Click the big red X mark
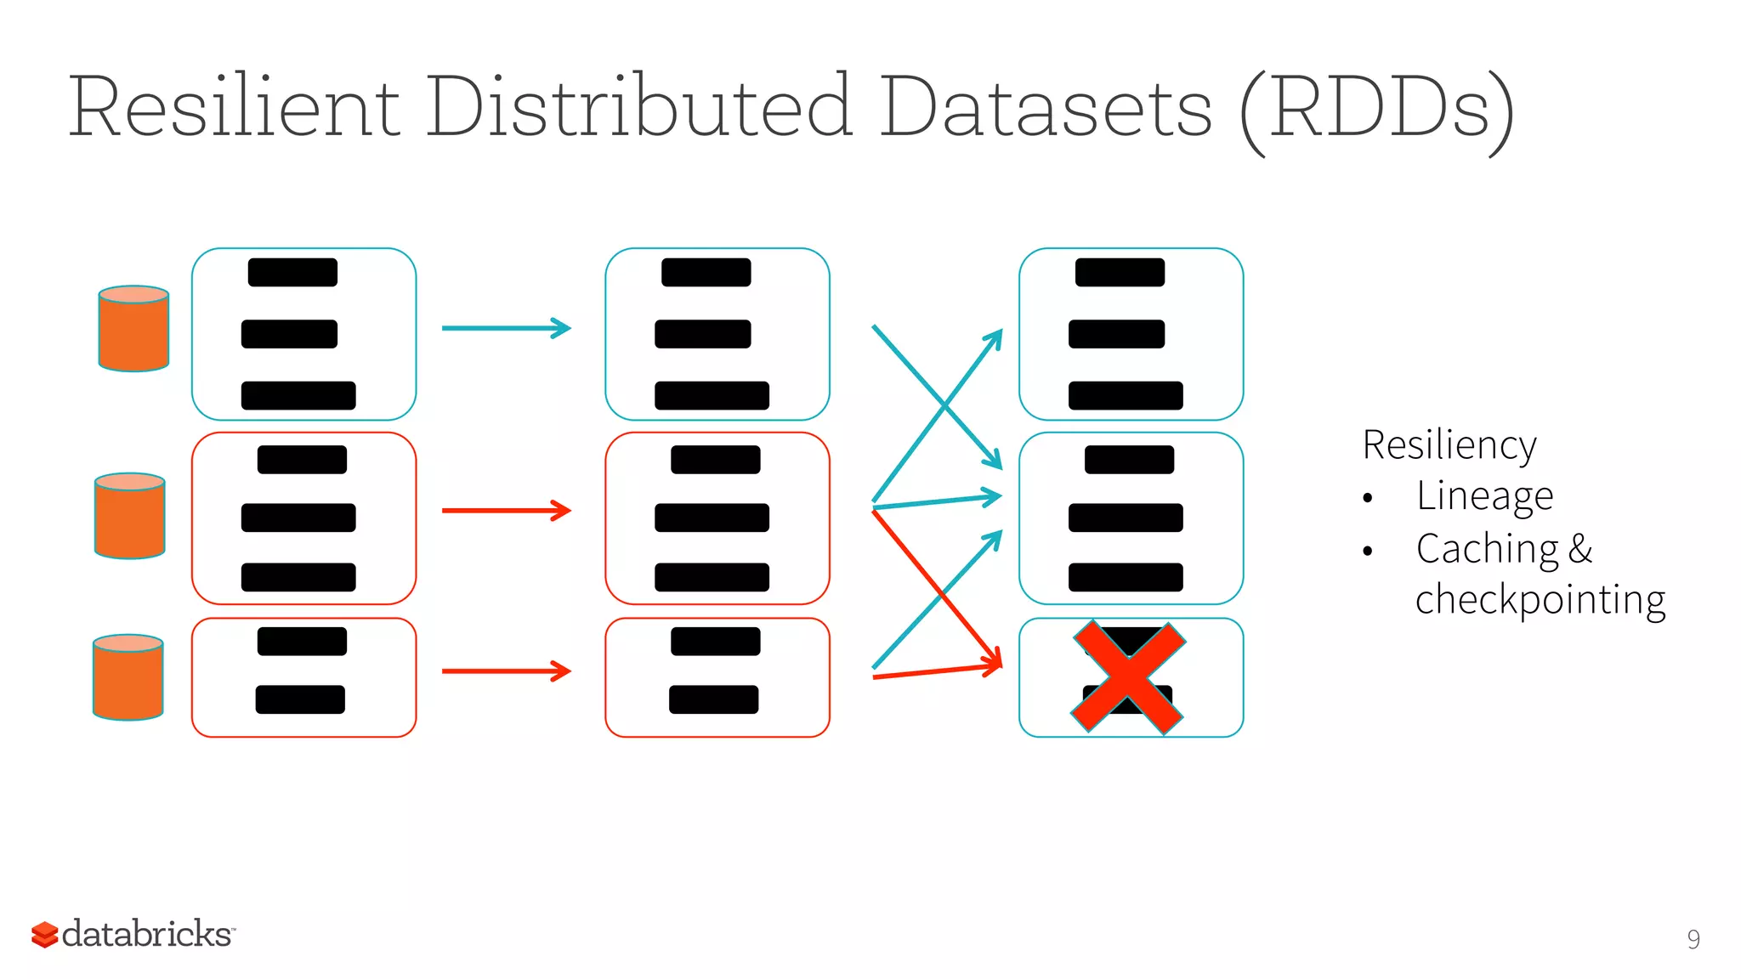[x=1128, y=677]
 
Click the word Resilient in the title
[x=234, y=108]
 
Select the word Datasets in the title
[x=1046, y=108]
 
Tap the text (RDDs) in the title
[x=1377, y=110]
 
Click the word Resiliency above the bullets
[x=1449, y=445]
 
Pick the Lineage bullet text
[x=1484, y=495]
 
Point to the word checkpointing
[x=1540, y=600]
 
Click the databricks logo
[x=133, y=934]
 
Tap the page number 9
[x=1693, y=939]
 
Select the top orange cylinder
[x=133, y=329]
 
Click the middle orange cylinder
[x=129, y=516]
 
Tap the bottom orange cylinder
[x=128, y=677]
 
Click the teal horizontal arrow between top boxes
[x=506, y=328]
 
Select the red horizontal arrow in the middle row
[x=506, y=511]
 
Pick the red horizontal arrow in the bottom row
[x=506, y=671]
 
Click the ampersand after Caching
[x=1580, y=548]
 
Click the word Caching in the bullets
[x=1487, y=549]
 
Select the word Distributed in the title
[x=638, y=108]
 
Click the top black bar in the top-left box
[x=292, y=273]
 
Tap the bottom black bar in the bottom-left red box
[x=300, y=699]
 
